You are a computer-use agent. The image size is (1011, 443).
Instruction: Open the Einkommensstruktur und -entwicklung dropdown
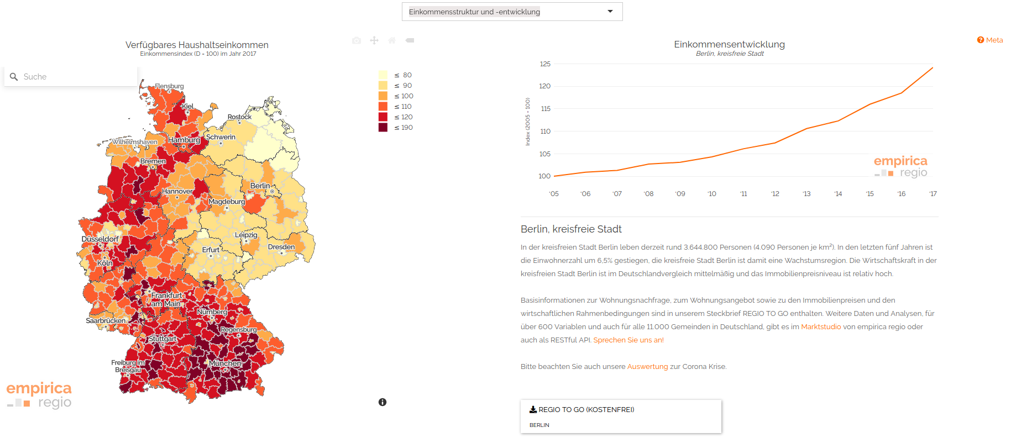point(512,12)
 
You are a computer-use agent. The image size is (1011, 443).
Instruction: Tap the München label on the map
point(225,363)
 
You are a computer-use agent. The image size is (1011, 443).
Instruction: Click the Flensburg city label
point(169,86)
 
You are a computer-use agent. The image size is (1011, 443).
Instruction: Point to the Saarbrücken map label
point(106,320)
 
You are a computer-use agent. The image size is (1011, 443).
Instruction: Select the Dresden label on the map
point(281,247)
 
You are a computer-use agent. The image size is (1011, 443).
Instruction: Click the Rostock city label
point(239,117)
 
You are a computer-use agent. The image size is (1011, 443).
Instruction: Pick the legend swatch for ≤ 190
point(383,128)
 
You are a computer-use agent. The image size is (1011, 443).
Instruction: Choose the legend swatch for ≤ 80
point(383,75)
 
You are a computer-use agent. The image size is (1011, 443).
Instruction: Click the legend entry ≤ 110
point(402,107)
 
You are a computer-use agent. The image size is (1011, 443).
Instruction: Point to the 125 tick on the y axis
point(545,64)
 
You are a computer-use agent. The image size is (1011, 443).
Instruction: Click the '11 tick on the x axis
point(743,194)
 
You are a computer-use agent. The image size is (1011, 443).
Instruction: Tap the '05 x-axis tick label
point(554,194)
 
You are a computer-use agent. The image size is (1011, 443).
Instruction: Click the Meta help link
point(990,40)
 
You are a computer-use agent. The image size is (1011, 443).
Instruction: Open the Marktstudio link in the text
point(821,327)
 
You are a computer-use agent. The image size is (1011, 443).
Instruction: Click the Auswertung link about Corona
point(647,367)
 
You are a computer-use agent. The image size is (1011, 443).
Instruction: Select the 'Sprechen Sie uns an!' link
point(628,340)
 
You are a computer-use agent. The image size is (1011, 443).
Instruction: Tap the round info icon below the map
point(383,402)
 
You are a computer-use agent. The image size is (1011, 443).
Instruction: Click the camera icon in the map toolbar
point(357,40)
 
